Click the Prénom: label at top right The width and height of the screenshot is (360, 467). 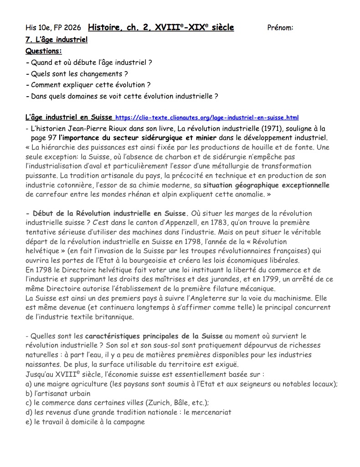tap(280, 28)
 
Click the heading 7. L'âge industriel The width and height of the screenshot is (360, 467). tap(57, 40)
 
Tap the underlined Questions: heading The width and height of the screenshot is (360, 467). tap(44, 51)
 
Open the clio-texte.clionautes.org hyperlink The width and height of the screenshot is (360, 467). tap(207, 118)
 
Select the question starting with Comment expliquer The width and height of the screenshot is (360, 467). tap(91, 85)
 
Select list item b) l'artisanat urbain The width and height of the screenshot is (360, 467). tap(58, 394)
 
